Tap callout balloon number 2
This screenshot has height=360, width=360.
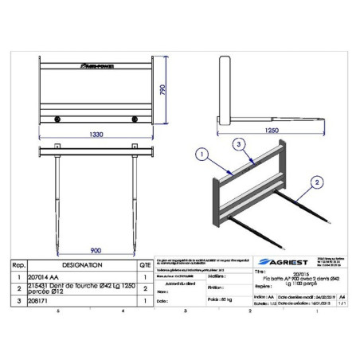pyautogui.click(x=319, y=182)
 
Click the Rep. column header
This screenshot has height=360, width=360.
pyautogui.click(x=19, y=264)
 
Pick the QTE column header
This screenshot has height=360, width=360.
pyautogui.click(x=144, y=264)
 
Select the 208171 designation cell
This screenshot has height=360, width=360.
pyautogui.click(x=49, y=302)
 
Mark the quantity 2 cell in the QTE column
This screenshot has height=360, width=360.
pyautogui.click(x=144, y=288)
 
